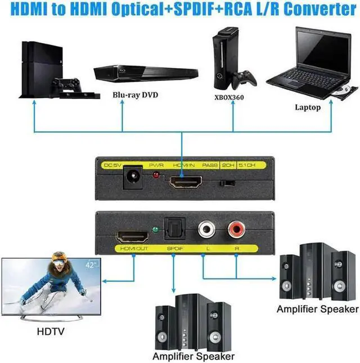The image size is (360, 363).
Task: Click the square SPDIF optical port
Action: [172, 231]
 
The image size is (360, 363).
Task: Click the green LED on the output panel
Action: [154, 229]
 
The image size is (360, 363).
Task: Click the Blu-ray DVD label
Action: [134, 95]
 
